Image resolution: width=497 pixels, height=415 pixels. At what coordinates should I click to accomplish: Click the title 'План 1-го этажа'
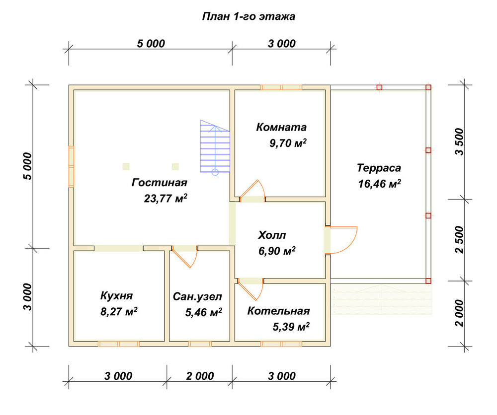tap(248, 16)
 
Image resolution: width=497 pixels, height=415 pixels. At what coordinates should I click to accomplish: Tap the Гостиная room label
tap(160, 183)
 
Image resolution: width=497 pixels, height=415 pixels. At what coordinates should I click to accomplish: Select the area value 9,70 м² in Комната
tap(288, 143)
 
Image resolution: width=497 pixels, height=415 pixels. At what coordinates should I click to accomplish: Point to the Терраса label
tap(379, 168)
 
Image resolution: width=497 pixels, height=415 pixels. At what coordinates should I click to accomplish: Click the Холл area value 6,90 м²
tap(277, 251)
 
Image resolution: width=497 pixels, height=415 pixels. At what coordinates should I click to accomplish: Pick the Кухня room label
tap(116, 296)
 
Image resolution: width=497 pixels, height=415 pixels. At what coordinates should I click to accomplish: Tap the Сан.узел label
tap(197, 297)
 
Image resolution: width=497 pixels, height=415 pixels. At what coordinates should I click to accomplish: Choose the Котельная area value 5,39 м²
tap(291, 326)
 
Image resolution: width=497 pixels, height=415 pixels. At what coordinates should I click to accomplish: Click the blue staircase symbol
tap(215, 147)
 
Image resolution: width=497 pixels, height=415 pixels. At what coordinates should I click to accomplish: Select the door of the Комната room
tap(252, 191)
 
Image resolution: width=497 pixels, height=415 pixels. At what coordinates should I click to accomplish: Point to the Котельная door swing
tap(251, 289)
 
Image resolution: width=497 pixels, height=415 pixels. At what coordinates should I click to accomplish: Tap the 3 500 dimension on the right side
tap(459, 142)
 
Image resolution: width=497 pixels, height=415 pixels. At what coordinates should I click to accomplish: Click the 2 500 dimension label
tap(459, 240)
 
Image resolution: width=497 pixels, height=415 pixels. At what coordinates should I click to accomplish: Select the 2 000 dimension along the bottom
tap(200, 376)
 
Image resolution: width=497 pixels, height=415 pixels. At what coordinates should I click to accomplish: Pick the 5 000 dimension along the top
tap(151, 44)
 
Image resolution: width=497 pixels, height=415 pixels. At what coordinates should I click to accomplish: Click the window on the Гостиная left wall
tap(71, 166)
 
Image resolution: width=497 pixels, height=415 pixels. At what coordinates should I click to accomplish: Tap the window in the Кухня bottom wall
tap(118, 344)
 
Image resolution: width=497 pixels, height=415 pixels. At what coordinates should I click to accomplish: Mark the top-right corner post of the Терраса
tap(428, 87)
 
